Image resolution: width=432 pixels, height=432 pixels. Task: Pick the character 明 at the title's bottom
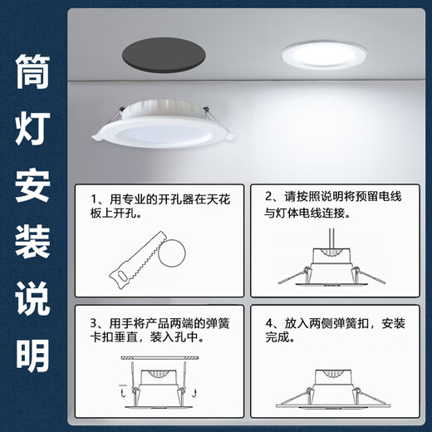[x=32, y=357]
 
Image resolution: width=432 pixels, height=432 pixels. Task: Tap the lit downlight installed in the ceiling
[x=322, y=54]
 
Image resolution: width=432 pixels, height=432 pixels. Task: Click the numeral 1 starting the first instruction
[x=92, y=199]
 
